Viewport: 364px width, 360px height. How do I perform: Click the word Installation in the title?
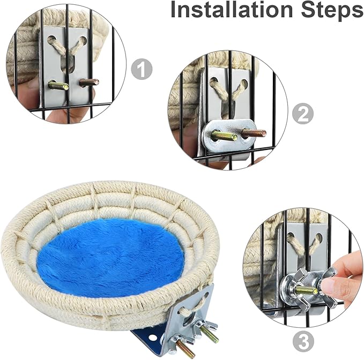pos(232,9)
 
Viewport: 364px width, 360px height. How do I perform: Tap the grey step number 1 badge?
pos(142,69)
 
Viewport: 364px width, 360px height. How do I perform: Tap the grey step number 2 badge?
pos(303,114)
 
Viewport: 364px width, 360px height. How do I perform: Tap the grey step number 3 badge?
pos(303,341)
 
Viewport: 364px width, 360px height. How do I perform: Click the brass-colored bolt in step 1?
pos(58,85)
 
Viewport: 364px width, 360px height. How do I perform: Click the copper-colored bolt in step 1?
pos(89,82)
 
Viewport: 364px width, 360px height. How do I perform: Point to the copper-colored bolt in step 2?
pos(254,133)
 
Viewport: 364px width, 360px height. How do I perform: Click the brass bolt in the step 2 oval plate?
pos(224,136)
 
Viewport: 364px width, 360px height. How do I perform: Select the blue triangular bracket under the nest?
pos(149,335)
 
